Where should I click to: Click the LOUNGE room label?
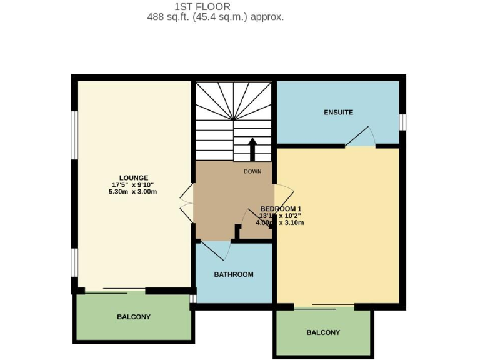tap(134, 177)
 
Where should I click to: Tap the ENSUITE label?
tap(338, 112)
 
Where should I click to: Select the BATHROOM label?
tap(234, 274)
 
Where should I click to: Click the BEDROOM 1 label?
tap(281, 209)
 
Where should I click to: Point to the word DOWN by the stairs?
tap(252, 171)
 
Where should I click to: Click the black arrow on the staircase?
tap(252, 149)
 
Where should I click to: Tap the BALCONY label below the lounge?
tap(134, 317)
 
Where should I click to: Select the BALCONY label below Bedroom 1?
tap(323, 332)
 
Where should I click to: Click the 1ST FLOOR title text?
tap(202, 7)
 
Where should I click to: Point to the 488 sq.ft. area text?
tap(216, 17)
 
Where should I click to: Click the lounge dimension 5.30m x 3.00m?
tap(132, 192)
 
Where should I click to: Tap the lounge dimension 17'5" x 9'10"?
tap(132, 185)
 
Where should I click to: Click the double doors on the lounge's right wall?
tap(186, 201)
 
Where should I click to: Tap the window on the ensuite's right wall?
tap(402, 122)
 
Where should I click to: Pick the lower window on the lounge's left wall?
tap(74, 262)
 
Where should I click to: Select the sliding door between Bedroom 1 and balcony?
tap(324, 307)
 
